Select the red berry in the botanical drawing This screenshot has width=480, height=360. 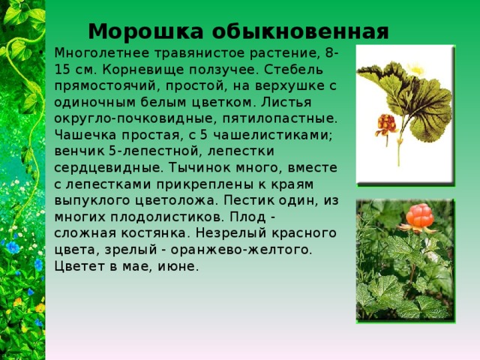coord(386,122)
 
